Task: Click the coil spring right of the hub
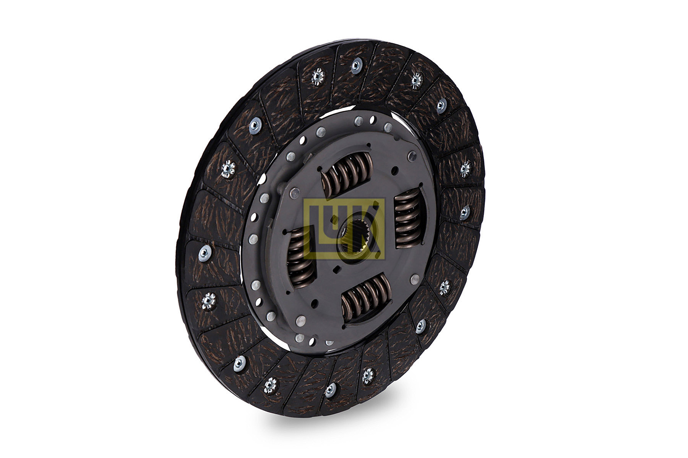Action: pos(408,219)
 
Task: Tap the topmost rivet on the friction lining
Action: pos(356,66)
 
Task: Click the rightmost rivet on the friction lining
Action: pos(466,212)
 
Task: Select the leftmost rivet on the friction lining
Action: pos(205,252)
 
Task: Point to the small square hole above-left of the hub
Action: pos(335,219)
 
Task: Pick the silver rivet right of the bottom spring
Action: pos(414,279)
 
